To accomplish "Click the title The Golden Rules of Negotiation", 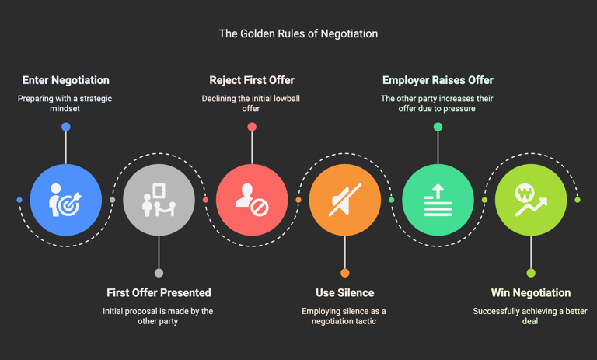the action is coord(298,34).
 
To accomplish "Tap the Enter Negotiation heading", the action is coord(66,80).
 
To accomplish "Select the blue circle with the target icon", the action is coord(66,200).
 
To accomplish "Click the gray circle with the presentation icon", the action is coord(159,200).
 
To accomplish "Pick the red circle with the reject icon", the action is coord(252,200).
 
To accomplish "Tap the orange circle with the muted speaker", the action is coord(344,200).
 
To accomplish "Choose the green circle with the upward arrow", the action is coord(438,200).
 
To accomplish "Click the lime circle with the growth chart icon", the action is coord(531,200).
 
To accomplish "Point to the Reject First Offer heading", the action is coord(252,80).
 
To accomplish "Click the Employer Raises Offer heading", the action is coord(438,80).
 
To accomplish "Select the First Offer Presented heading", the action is coord(159,293).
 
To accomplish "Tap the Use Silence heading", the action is coord(344,293).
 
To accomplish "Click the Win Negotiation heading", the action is coord(531,293).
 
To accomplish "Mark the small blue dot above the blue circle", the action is coord(66,127).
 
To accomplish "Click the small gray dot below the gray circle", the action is coord(159,273).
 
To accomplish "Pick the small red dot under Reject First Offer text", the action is coord(252,127).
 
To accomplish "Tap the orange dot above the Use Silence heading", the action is coord(344,273).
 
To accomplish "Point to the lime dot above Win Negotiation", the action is coord(531,273).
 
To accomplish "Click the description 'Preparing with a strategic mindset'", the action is coord(66,103).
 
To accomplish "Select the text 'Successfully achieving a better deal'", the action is coord(530,316).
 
